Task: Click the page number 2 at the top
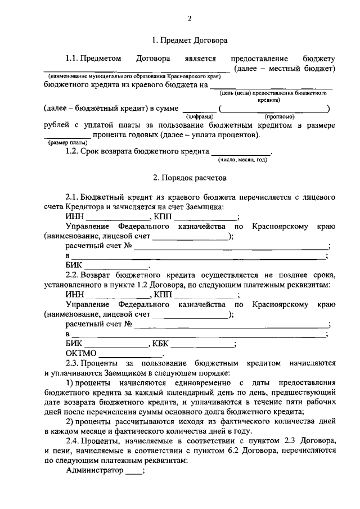point(190,18)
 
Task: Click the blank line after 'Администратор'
point(134,472)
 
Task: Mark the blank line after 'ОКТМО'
point(130,355)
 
